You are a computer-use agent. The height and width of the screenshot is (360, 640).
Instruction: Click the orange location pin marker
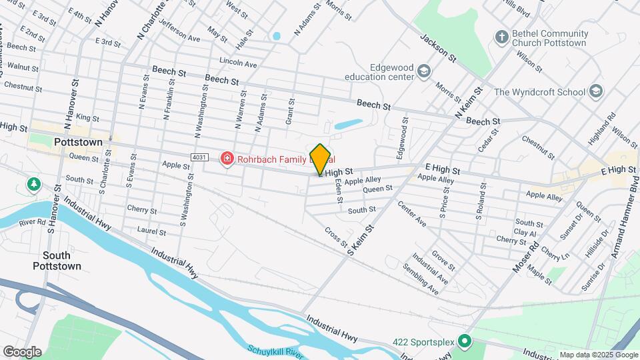coord(321,159)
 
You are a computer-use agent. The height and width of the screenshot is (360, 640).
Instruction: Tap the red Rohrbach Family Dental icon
coord(227,159)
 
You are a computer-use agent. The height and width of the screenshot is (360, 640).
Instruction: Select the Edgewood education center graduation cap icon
coord(423,71)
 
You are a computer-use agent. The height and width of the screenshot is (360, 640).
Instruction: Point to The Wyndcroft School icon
coord(595,91)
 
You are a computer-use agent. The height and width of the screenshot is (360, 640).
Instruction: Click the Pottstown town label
coord(78,143)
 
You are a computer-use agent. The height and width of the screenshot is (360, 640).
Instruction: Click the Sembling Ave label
coord(420,279)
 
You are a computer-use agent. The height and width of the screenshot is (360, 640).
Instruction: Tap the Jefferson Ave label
coord(179,39)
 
